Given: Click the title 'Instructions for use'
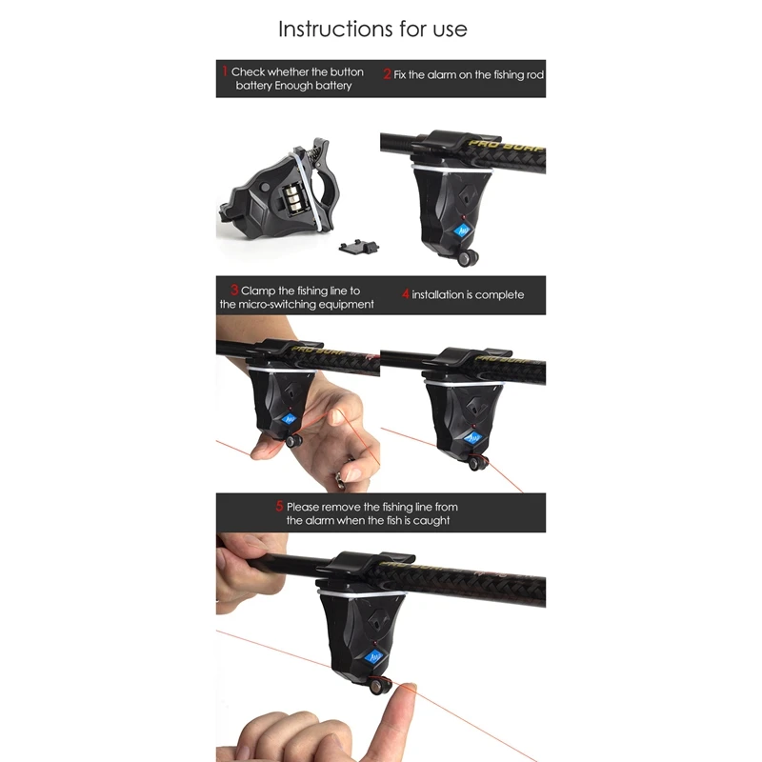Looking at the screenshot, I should pos(372,29).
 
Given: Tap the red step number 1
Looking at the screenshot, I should pos(226,71).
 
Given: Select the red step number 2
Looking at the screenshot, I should pos(387,73).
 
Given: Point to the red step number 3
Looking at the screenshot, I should pos(234,290).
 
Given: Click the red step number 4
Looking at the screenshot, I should pos(405,294).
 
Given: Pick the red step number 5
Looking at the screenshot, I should pos(280,507).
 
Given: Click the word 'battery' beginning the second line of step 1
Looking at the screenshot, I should pos(255,86).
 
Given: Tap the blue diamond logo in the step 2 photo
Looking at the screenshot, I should pos(463,231).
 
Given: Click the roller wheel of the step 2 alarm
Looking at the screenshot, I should pos(468,258).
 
